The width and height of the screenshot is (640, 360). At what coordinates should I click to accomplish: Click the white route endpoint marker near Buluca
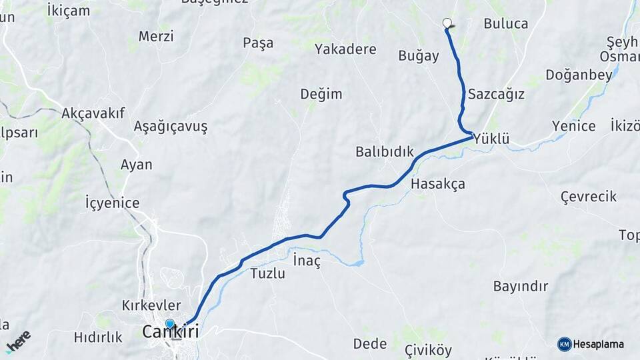click(x=447, y=23)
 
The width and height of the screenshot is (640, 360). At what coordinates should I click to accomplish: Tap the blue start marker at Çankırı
click(x=170, y=325)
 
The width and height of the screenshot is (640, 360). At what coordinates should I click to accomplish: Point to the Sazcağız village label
click(x=496, y=94)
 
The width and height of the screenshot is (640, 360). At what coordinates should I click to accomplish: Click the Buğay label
click(x=419, y=56)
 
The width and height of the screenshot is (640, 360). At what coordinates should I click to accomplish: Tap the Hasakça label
click(x=438, y=183)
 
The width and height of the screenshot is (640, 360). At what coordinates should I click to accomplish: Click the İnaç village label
click(x=307, y=261)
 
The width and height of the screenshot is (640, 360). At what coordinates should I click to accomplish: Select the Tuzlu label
click(x=268, y=273)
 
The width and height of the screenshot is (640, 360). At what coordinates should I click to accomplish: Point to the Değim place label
click(x=321, y=94)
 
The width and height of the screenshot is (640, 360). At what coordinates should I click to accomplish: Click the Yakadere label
click(x=345, y=49)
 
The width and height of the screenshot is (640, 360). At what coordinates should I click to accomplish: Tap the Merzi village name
click(x=156, y=36)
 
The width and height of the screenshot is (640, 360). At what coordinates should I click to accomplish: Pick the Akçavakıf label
click(x=93, y=113)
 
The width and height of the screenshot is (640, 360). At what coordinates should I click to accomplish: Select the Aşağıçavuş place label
click(x=171, y=126)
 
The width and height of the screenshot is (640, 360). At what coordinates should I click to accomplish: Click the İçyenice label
click(x=112, y=203)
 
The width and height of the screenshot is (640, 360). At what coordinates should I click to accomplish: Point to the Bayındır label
click(x=520, y=287)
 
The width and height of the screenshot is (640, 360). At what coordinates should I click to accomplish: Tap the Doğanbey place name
click(x=579, y=75)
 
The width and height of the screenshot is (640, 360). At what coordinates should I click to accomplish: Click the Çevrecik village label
click(x=588, y=197)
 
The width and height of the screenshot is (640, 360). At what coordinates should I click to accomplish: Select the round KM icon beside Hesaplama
click(x=564, y=344)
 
